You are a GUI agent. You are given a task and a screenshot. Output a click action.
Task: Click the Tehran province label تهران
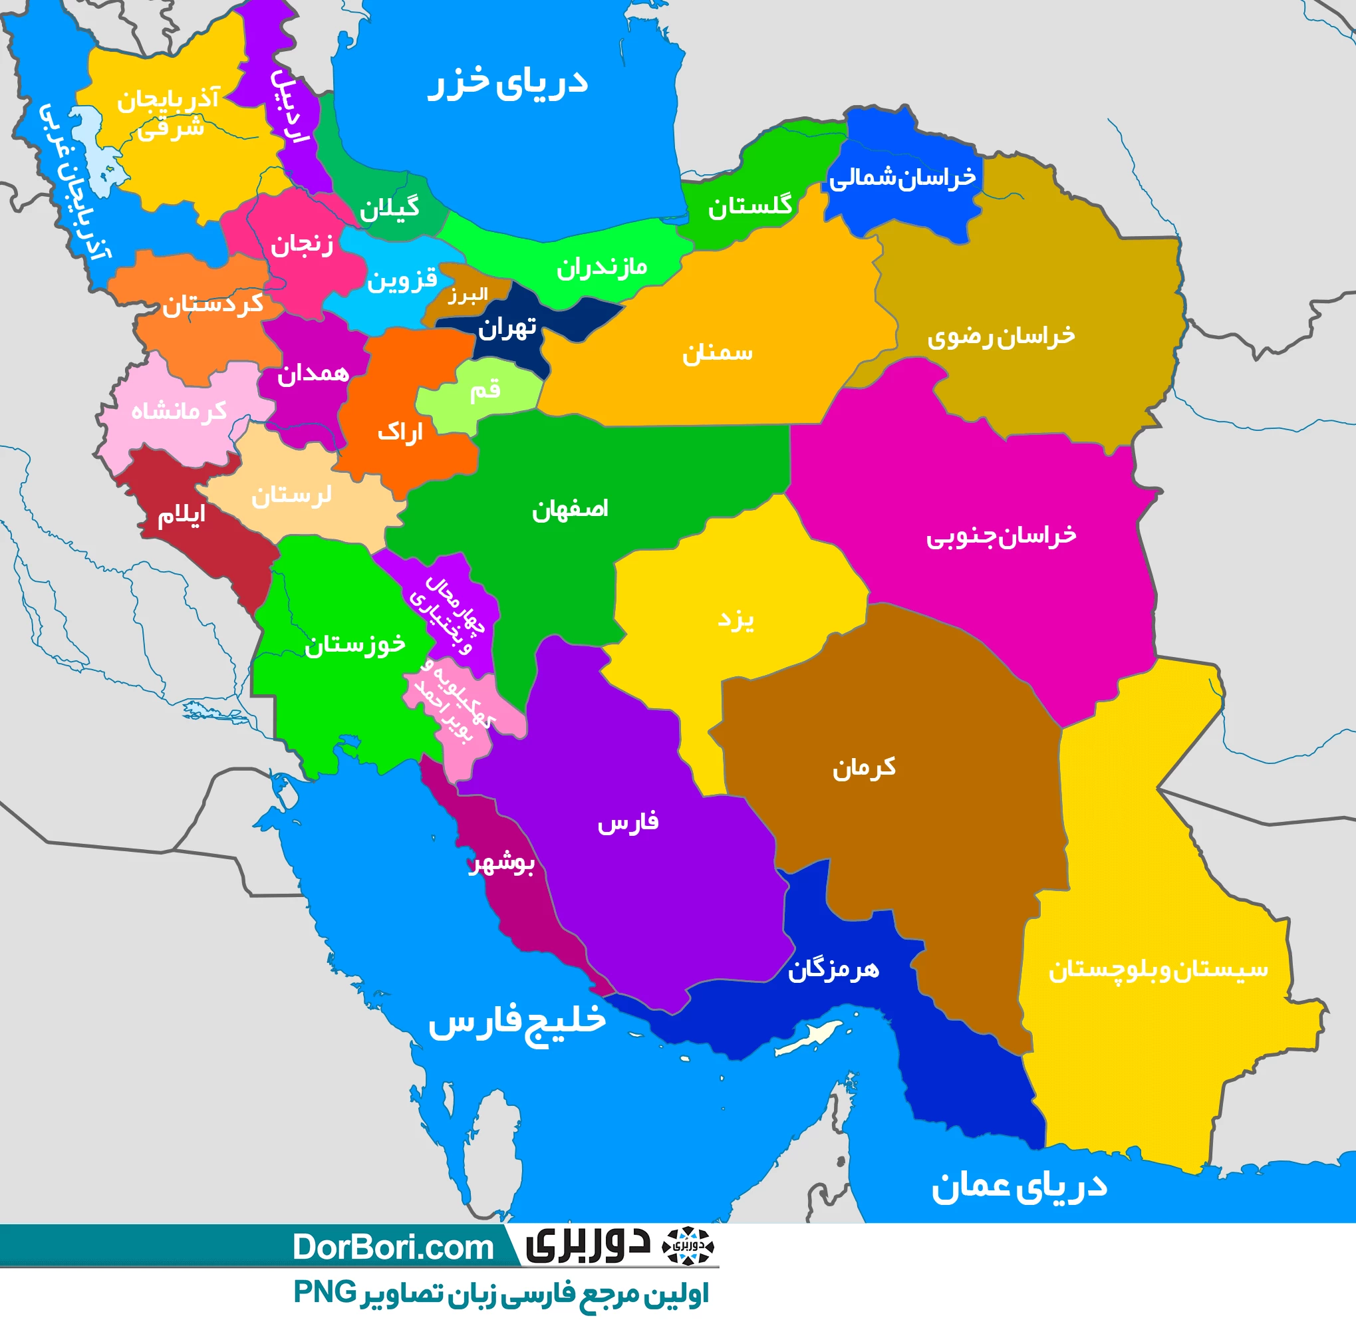click(x=507, y=327)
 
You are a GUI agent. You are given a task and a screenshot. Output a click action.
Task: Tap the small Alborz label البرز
click(x=468, y=296)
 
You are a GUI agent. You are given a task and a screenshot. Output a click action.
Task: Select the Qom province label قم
click(x=485, y=390)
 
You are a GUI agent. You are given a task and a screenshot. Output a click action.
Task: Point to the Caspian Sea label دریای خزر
click(x=507, y=83)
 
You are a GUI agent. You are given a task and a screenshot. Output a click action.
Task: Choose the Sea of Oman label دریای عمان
click(x=1018, y=1187)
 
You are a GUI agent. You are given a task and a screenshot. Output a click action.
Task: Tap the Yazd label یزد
click(x=736, y=619)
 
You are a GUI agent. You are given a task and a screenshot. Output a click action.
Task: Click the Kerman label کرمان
click(x=864, y=767)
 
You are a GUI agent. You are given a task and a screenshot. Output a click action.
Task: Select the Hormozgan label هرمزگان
click(x=833, y=969)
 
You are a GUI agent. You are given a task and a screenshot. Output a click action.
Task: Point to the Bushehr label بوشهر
click(x=501, y=864)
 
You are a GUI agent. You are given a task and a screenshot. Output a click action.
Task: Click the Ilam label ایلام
click(x=181, y=515)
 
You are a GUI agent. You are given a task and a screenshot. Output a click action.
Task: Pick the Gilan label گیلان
click(x=389, y=208)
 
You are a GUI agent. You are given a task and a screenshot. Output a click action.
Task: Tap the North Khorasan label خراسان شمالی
click(x=902, y=178)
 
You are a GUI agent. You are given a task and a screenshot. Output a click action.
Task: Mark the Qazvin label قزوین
click(x=402, y=279)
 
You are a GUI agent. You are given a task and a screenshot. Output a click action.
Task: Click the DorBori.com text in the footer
click(x=392, y=1248)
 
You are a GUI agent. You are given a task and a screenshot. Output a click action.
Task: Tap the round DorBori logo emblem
click(x=687, y=1246)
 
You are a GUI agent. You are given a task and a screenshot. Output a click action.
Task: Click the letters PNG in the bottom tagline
click(x=325, y=1292)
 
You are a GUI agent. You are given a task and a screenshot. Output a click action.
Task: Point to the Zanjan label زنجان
click(x=301, y=244)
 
